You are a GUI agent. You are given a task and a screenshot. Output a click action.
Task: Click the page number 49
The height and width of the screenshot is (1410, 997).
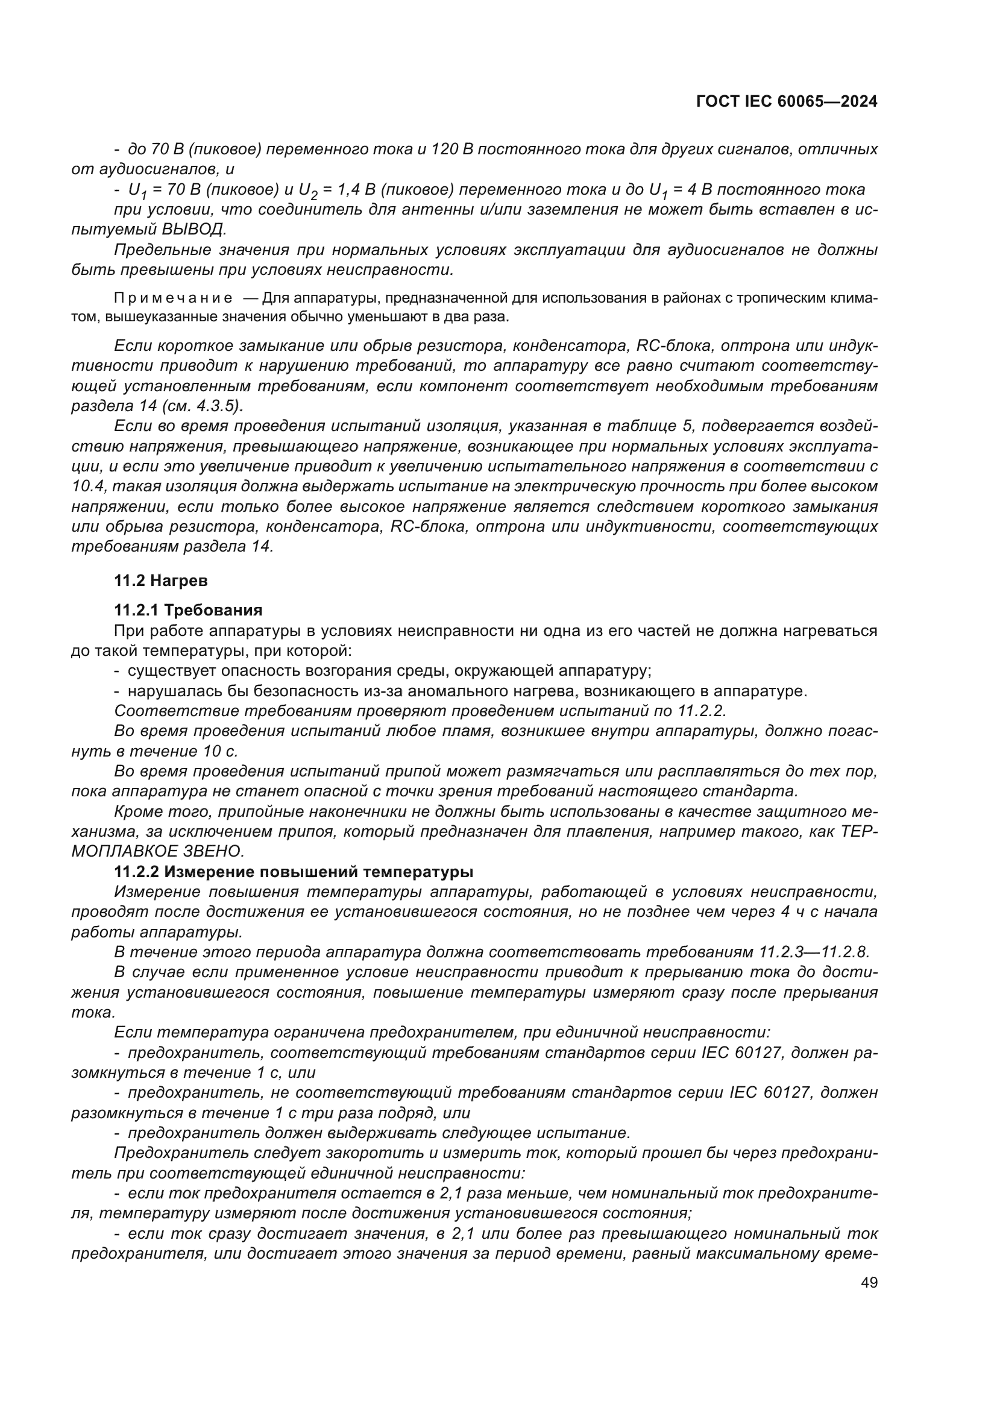coord(869,1283)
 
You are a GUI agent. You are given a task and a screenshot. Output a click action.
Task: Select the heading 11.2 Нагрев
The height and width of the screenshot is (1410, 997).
coord(161,581)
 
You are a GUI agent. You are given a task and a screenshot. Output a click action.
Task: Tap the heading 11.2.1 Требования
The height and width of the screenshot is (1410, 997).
coord(188,611)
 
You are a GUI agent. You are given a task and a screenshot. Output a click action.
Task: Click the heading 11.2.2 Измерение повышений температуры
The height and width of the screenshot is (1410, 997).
coord(294,872)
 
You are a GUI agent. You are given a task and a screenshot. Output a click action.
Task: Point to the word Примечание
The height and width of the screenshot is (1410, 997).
coord(173,298)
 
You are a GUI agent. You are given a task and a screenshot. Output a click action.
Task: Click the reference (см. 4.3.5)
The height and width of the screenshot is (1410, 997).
coord(205,406)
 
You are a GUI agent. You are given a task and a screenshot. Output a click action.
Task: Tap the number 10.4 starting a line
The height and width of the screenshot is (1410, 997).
coord(87,486)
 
